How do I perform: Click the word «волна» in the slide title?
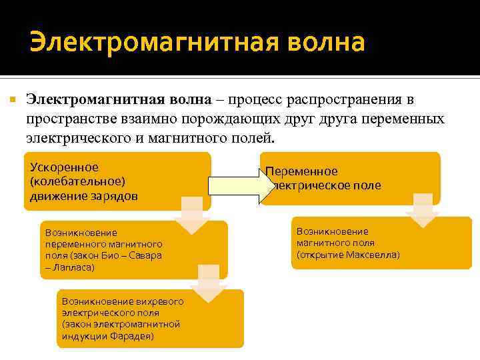coord(327,42)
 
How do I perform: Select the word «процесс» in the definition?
coord(255,100)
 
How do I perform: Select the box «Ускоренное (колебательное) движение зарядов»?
coord(117,181)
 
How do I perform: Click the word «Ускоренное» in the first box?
coord(64,167)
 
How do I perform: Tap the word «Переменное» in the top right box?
coord(302,171)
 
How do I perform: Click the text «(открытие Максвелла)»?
coord(348,255)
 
